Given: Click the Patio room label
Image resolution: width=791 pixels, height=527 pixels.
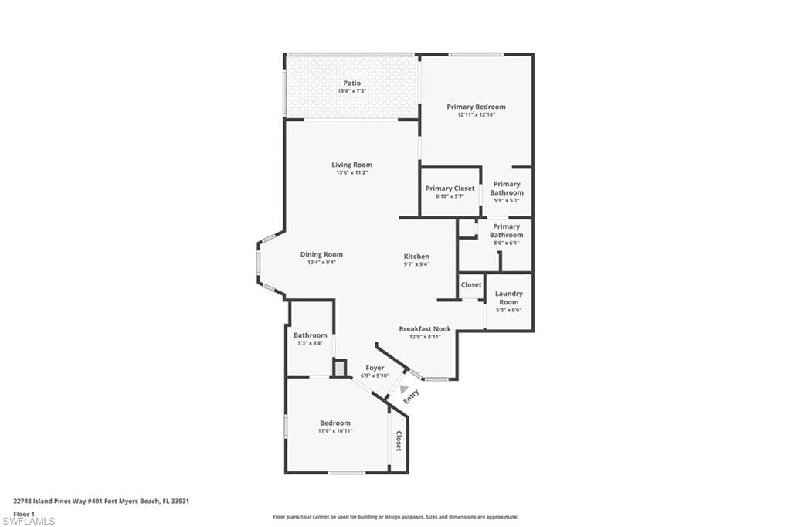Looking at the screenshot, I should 351,83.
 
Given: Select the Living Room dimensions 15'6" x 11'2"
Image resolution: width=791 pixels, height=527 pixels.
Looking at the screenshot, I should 351,173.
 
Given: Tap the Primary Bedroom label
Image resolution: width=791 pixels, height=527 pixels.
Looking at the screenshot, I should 476,107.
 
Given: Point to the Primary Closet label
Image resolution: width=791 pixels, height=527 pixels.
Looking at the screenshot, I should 450,189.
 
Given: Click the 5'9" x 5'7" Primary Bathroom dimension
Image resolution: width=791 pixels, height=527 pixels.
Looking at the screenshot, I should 507,201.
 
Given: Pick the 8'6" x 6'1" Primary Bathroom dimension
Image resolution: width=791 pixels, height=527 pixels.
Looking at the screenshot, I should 507,243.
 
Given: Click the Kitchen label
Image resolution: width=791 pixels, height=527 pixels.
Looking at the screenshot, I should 416,257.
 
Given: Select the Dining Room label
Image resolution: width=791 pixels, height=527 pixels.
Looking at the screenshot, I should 321,254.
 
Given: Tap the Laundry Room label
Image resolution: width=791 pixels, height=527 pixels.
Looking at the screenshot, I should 508,297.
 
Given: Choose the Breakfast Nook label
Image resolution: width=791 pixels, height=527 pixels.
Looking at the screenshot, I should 425,328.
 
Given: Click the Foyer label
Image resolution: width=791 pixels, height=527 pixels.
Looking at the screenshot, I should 375,368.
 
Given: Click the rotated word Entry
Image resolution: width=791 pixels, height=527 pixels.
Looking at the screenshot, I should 411,395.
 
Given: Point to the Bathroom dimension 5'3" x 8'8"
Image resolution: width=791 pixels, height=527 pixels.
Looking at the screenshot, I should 310,343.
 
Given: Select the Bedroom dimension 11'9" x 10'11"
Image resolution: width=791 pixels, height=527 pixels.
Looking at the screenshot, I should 335,430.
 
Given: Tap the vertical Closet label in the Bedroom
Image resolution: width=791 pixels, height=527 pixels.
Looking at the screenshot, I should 399,441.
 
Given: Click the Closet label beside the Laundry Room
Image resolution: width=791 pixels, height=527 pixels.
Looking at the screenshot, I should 471,284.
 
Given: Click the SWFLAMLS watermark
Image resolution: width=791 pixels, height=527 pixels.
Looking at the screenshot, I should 29,521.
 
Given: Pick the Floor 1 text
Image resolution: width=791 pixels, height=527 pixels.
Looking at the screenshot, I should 24,513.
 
